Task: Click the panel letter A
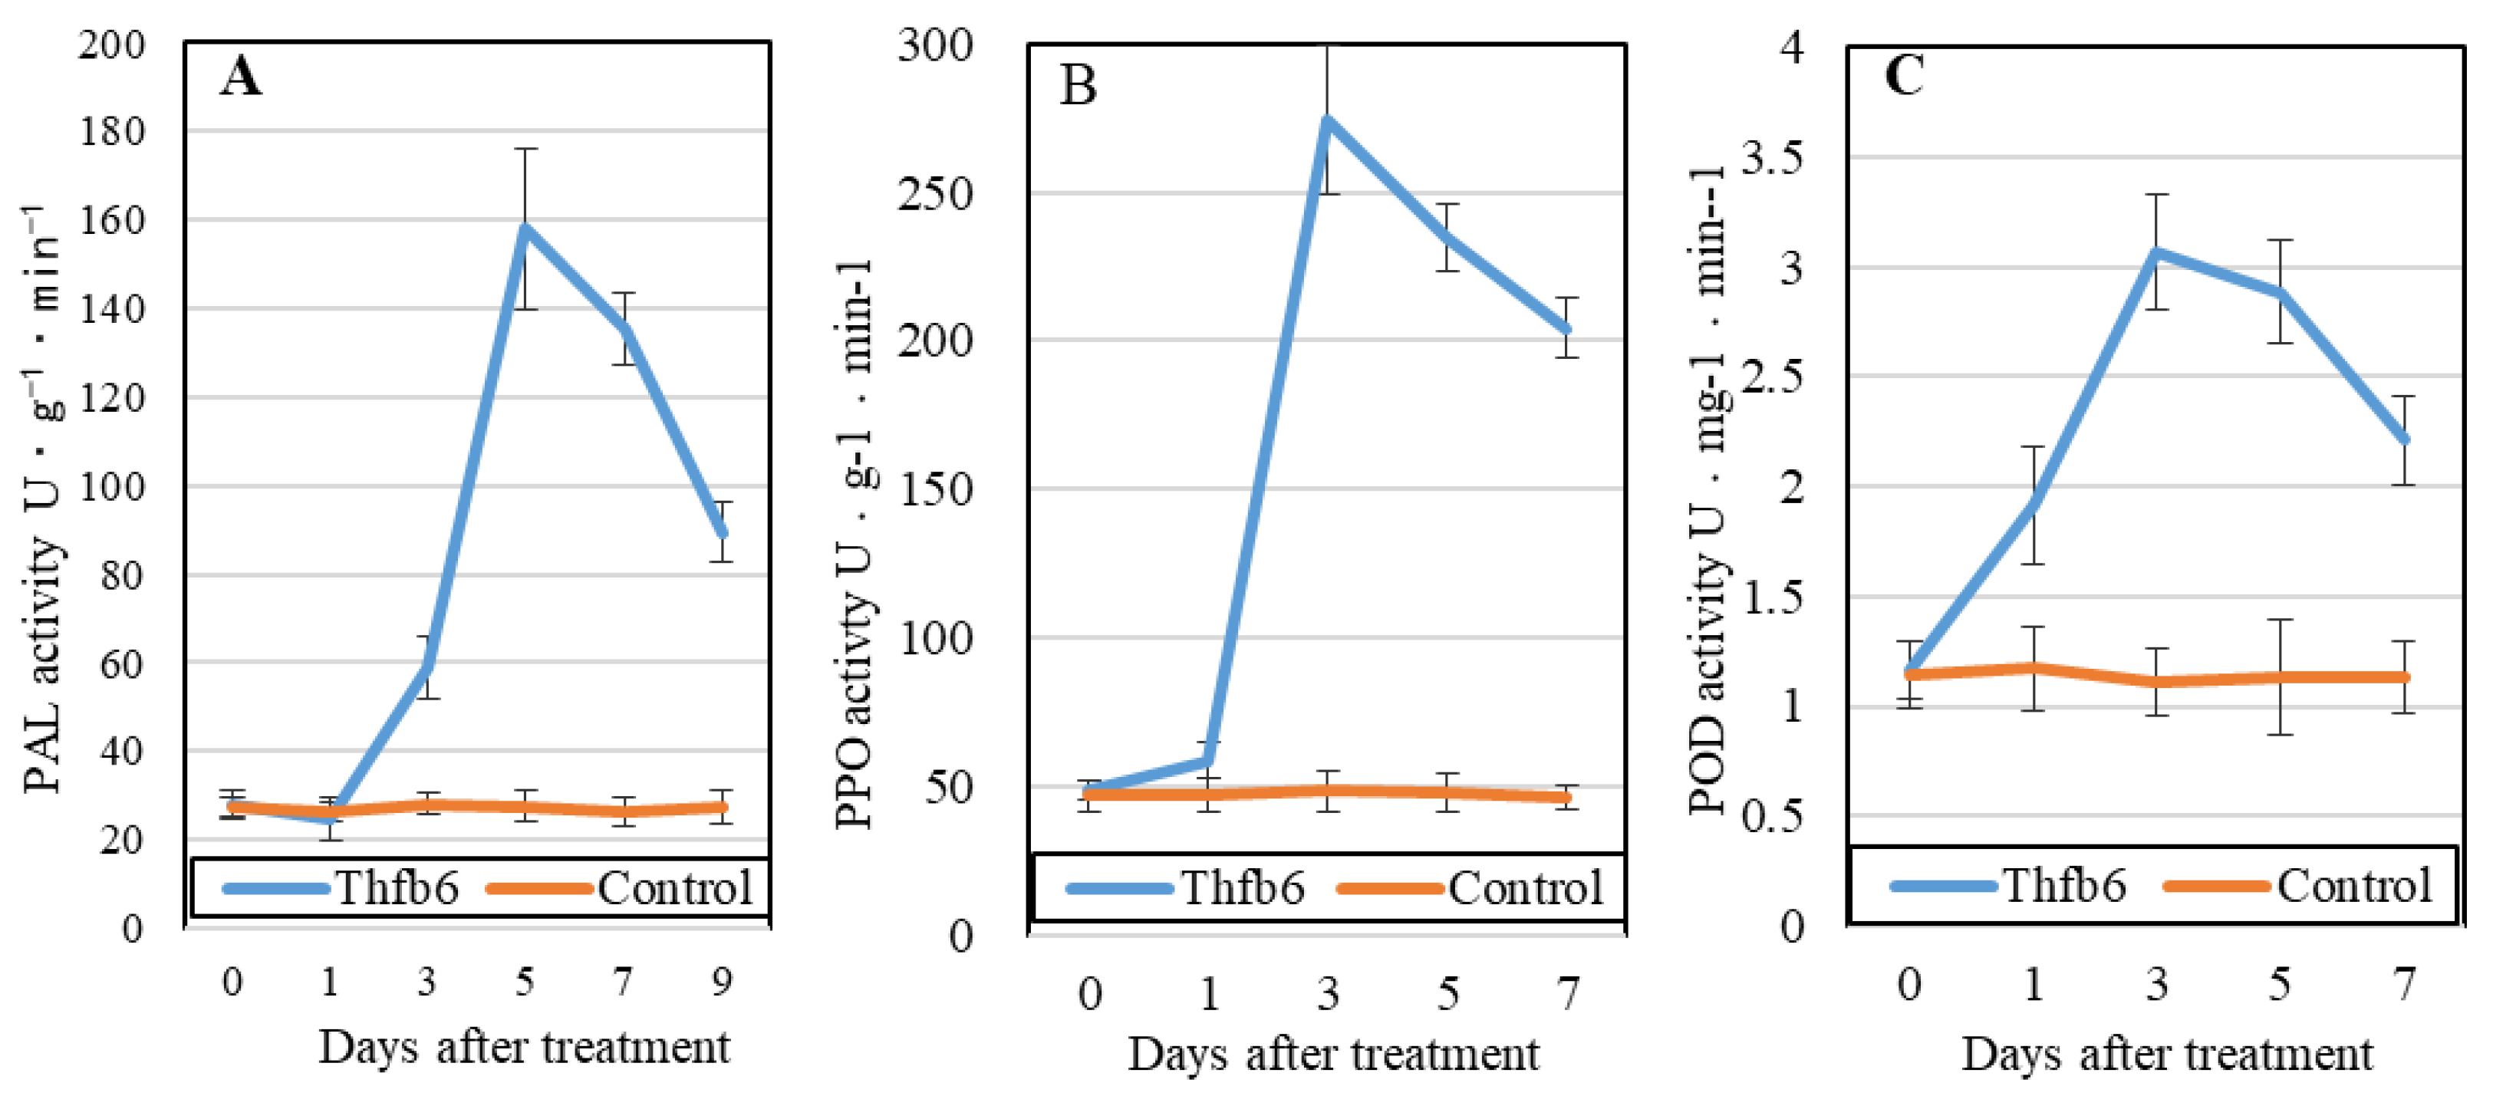coord(240,77)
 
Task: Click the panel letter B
coord(1078,85)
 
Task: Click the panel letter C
coord(1904,74)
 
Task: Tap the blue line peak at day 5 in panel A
coord(525,226)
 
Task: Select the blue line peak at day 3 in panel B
coord(1328,120)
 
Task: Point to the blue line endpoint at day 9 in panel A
coord(722,532)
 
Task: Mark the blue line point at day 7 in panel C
coord(2404,439)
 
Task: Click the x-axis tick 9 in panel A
coord(722,982)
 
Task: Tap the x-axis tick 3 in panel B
coord(1328,993)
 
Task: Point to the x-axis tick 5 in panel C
coord(2280,984)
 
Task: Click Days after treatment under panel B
coord(1332,1054)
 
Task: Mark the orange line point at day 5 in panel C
coord(2280,677)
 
